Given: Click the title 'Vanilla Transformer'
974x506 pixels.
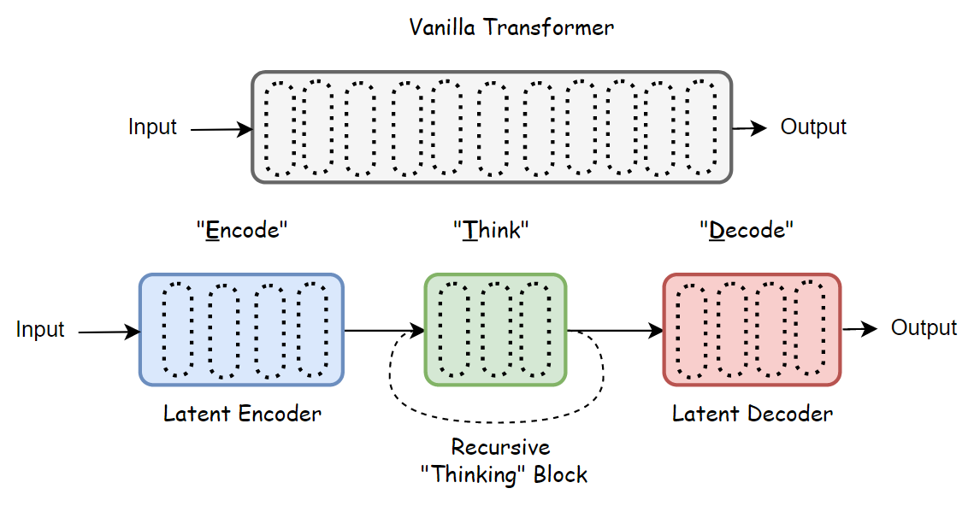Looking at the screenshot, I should click(511, 27).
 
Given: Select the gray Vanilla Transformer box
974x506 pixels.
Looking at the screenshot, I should click(492, 127).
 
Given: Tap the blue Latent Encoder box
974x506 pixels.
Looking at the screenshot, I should click(241, 329).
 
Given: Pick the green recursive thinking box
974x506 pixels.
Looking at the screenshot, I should click(495, 329).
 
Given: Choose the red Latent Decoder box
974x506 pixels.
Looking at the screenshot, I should click(752, 329).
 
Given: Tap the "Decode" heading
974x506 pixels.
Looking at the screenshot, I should click(747, 230).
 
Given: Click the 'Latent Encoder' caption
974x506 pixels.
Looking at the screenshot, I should click(242, 415).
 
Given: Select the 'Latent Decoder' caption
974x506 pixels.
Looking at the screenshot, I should click(753, 415).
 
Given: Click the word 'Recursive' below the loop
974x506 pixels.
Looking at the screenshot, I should click(501, 447).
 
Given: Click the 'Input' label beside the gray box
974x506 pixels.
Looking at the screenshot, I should click(152, 127).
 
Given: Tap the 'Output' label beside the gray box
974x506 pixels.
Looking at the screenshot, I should click(813, 127).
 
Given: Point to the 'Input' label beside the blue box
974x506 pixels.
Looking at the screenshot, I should click(40, 330).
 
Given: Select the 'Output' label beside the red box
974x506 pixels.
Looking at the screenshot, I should click(924, 328).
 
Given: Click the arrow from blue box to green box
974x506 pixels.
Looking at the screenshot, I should click(384, 330).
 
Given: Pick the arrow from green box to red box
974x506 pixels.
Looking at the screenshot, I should click(615, 330).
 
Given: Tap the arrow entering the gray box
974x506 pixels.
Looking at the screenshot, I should click(221, 130).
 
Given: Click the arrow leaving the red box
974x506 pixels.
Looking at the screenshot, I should click(859, 329).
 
